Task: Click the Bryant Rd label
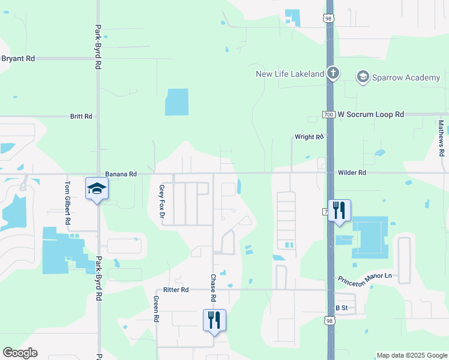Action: click(18, 59)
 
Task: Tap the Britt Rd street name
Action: click(81, 116)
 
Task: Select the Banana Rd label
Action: click(121, 174)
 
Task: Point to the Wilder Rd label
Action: click(352, 173)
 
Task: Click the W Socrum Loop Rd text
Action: click(371, 114)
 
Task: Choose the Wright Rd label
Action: click(309, 137)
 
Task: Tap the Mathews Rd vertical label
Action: click(441, 139)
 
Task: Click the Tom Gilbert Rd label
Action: click(68, 203)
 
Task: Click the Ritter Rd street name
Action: click(176, 290)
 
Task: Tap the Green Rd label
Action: click(155, 310)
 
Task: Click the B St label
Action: click(342, 308)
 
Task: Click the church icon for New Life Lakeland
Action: click(333, 74)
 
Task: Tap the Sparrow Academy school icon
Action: click(363, 77)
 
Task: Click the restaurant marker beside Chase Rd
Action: click(214, 320)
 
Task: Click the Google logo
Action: click(20, 353)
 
